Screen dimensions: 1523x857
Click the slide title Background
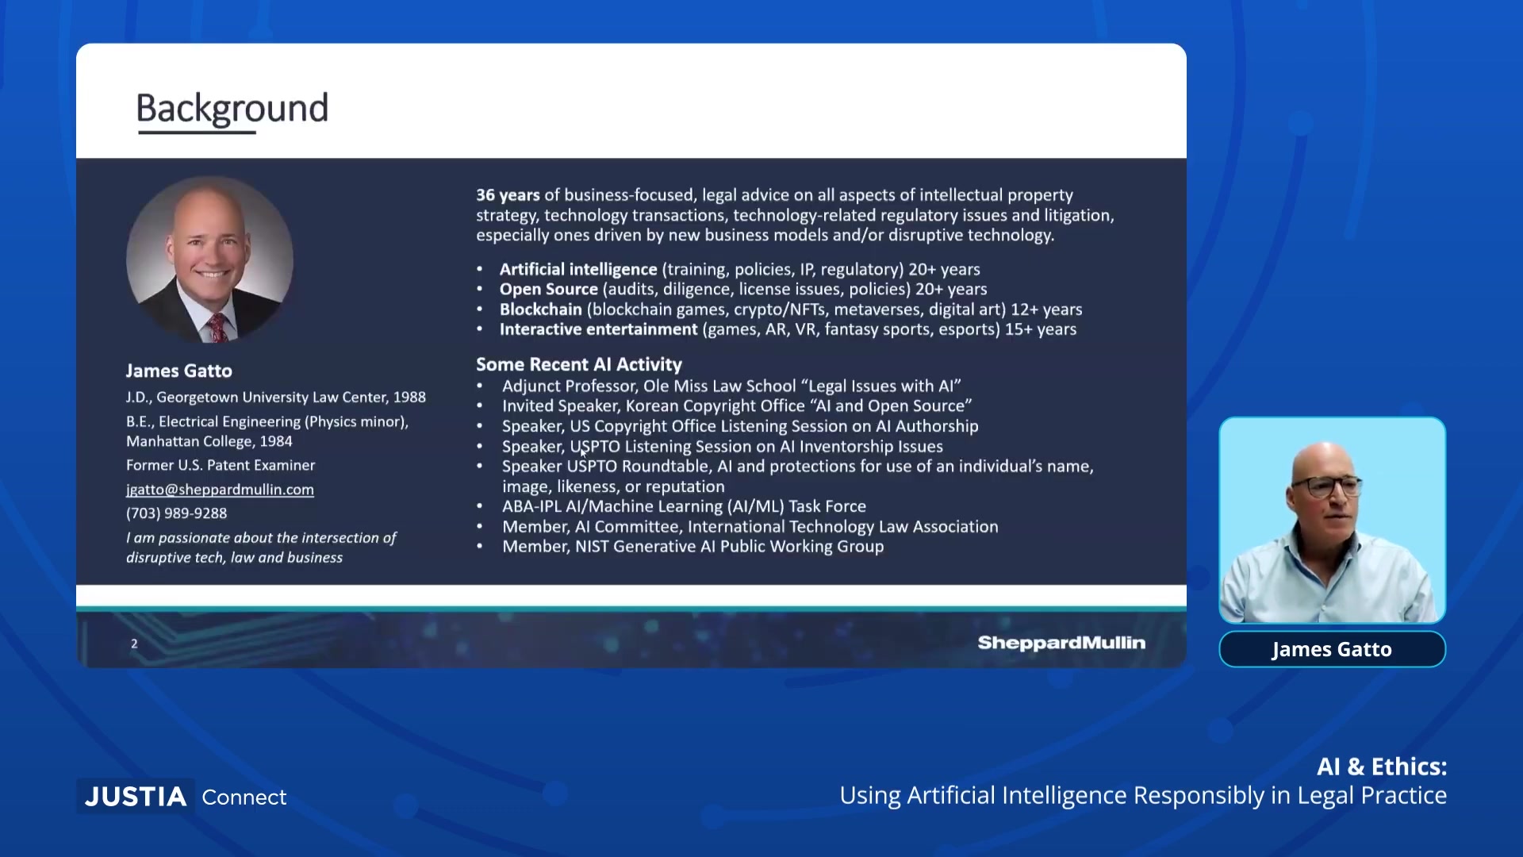click(x=232, y=109)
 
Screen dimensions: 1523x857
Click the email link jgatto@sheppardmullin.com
click(x=220, y=490)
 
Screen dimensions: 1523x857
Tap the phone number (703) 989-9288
click(x=176, y=513)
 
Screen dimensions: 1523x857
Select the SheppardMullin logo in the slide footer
click(x=1061, y=643)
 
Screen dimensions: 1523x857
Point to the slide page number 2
click(x=134, y=644)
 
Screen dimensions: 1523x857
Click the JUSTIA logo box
click(x=136, y=796)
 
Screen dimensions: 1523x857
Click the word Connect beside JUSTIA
click(x=244, y=797)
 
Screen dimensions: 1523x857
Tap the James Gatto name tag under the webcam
click(x=1332, y=649)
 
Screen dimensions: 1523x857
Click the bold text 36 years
click(x=508, y=195)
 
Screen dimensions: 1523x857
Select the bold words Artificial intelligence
click(x=578, y=270)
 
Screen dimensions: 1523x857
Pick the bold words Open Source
click(x=549, y=290)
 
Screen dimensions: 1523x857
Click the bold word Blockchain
click(x=541, y=309)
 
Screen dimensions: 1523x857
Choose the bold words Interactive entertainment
click(x=599, y=329)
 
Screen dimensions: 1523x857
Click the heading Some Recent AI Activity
click(x=579, y=364)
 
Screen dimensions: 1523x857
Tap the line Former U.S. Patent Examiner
click(x=221, y=465)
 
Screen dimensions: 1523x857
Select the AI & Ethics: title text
click(x=1382, y=767)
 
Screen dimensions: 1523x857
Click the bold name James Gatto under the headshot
click(x=179, y=371)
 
